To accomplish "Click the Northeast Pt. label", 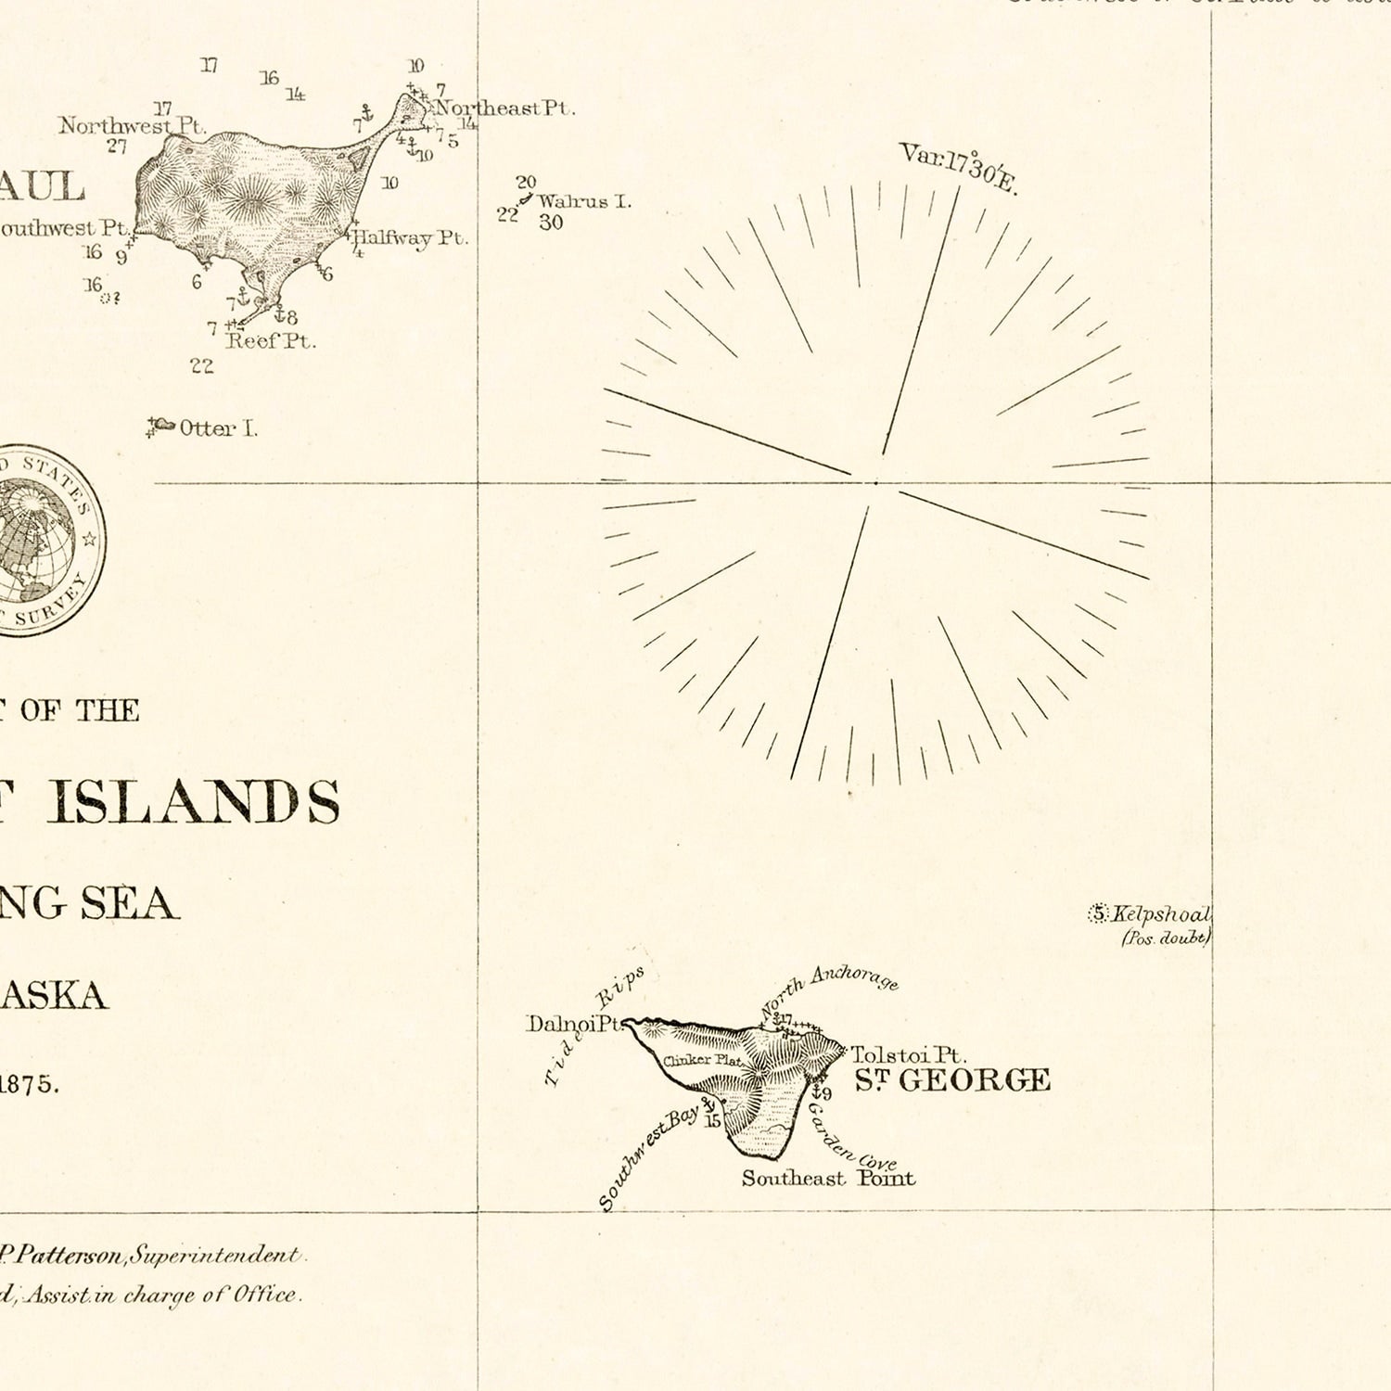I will [x=504, y=108].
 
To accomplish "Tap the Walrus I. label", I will [x=583, y=201].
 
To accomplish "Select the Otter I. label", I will [x=218, y=428].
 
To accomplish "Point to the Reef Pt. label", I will [x=270, y=341].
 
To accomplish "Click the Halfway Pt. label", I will [x=410, y=237].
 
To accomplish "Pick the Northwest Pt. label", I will [x=132, y=125].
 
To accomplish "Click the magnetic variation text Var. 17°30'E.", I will [x=958, y=167].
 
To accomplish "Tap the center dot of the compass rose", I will [x=875, y=482].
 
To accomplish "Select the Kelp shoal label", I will [x=1160, y=914].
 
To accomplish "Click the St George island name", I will [x=951, y=1080].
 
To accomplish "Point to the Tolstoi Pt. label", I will [x=908, y=1055].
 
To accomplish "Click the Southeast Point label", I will [x=827, y=1179].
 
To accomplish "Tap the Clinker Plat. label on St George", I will [x=702, y=1060].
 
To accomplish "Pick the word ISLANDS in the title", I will [x=194, y=801].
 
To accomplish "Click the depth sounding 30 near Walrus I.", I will [x=551, y=223].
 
